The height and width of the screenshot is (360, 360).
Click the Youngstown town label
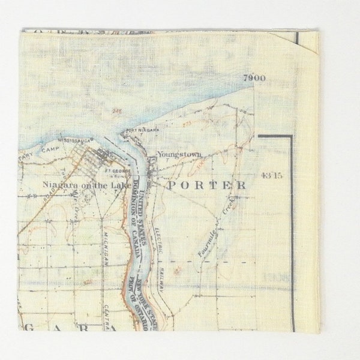click(x=179, y=155)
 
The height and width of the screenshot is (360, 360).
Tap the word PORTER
click(x=206, y=185)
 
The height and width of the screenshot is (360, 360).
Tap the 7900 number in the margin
click(x=254, y=78)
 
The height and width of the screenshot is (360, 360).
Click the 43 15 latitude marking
click(x=272, y=175)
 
